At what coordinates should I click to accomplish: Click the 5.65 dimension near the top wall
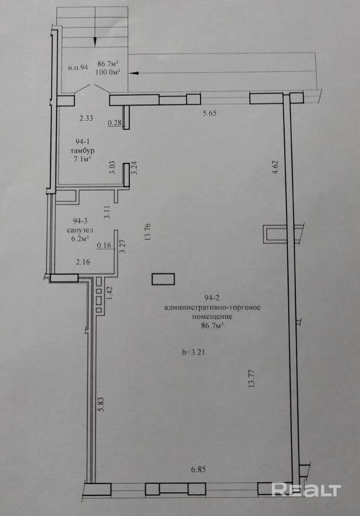[x=209, y=114]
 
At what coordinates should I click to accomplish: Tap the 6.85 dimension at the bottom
[x=198, y=470]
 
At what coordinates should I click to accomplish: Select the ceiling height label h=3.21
[x=193, y=353]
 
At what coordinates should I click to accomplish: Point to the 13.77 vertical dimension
[x=252, y=379]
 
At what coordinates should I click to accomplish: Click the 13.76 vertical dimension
[x=147, y=233]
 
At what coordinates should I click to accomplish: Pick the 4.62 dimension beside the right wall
[x=275, y=167]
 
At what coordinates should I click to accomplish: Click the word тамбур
[x=82, y=151]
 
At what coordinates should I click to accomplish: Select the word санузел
[x=80, y=230]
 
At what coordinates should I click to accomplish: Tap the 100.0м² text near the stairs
[x=107, y=72]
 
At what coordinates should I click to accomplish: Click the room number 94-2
[x=212, y=298]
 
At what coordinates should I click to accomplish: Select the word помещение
[x=212, y=317]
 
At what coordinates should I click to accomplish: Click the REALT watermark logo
[x=306, y=490]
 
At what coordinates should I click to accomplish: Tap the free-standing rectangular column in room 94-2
[x=163, y=279]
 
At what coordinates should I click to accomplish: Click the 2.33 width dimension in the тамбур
[x=86, y=118]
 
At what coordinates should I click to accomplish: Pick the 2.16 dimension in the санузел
[x=83, y=263]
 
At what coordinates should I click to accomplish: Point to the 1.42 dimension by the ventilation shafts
[x=109, y=293]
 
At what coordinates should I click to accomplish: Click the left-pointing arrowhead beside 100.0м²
[x=134, y=74]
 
